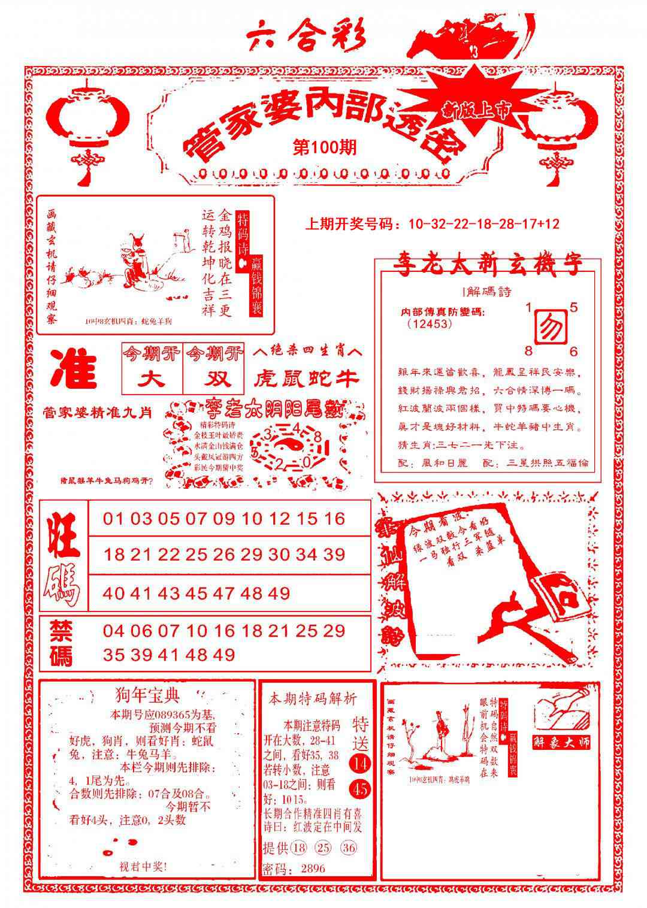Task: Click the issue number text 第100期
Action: (325, 147)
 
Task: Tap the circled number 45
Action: (361, 789)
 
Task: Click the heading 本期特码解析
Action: (312, 698)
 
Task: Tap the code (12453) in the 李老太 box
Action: (429, 323)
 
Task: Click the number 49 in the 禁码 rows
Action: (223, 655)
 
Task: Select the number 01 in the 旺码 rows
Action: (114, 519)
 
